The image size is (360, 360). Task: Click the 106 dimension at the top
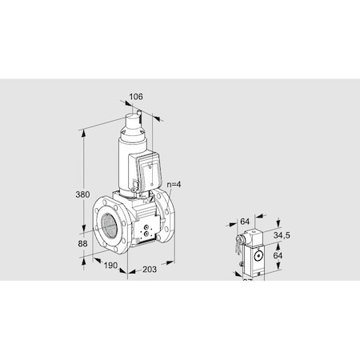(x=136, y=97)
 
